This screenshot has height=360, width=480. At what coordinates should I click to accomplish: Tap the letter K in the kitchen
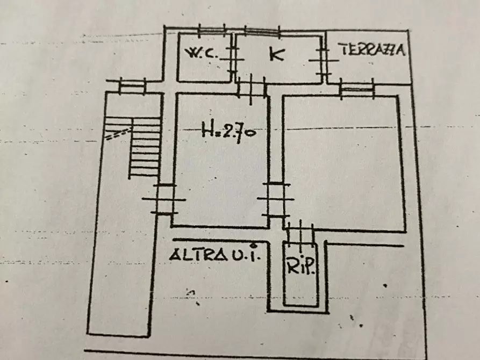coord(277,54)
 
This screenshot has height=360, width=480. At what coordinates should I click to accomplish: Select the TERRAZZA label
coord(372,49)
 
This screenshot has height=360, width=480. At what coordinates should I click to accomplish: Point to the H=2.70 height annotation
coord(228,132)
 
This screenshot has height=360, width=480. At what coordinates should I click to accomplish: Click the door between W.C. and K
coord(233,59)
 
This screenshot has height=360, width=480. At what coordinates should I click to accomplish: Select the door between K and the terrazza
coord(324,60)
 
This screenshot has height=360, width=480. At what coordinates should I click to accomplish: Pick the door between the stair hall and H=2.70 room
coord(164,199)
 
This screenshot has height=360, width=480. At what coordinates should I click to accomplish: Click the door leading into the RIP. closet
coord(300,234)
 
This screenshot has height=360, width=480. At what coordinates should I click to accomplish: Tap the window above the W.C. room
coord(212,30)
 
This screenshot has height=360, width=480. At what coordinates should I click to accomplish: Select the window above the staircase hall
coord(132,87)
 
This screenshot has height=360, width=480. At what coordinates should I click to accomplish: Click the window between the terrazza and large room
coord(357,89)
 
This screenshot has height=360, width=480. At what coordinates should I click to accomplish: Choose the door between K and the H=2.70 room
coord(251,89)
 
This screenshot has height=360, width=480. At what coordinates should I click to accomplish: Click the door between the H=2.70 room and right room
coord(276,199)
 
